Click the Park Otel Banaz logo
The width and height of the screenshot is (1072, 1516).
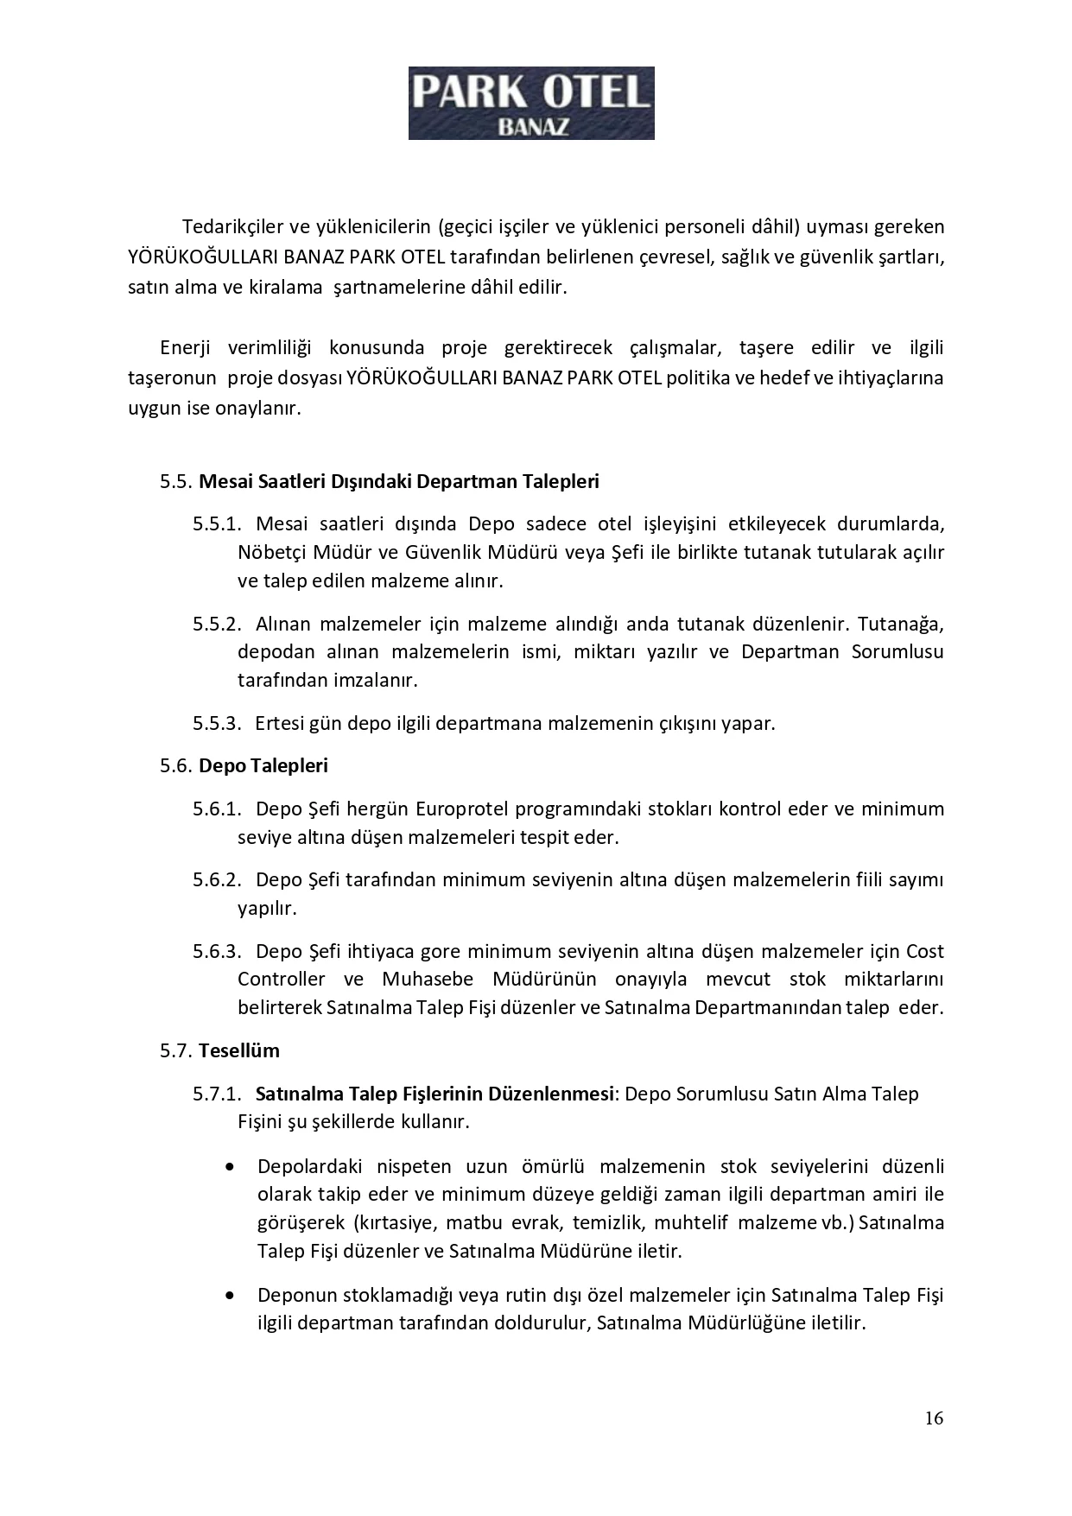click(530, 103)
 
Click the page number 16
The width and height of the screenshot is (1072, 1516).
click(933, 1418)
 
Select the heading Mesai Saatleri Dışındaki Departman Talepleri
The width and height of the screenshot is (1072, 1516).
click(398, 481)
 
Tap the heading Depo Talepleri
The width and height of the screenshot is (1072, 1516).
click(263, 765)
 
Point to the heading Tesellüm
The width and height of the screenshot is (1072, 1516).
click(238, 1050)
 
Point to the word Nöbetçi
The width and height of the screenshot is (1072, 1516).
click(268, 552)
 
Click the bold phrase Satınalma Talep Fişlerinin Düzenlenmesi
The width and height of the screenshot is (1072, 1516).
click(434, 1094)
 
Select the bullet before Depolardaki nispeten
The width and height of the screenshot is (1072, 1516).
click(229, 1167)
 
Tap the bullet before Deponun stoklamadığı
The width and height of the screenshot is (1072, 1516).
click(229, 1296)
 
